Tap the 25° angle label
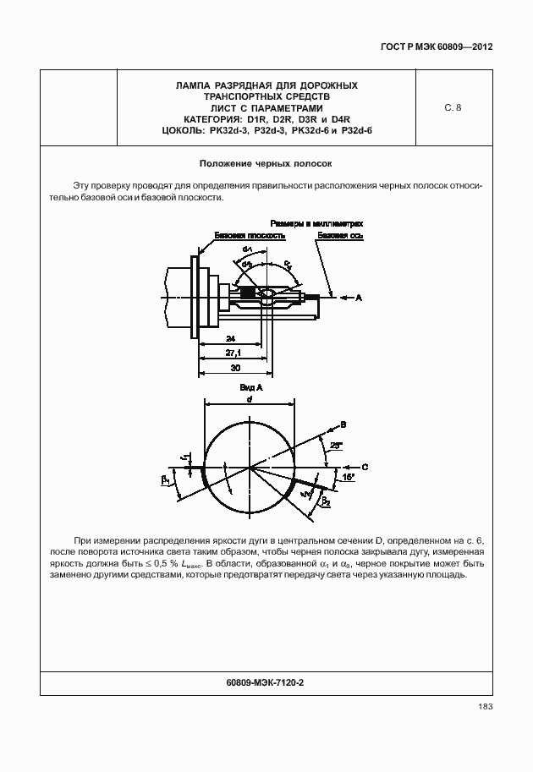click(335, 445)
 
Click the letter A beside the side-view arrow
click(359, 298)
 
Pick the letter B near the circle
click(343, 424)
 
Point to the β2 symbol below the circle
click(325, 500)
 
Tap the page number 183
click(485, 707)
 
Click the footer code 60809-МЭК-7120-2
click(266, 682)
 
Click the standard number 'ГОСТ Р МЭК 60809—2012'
click(431, 47)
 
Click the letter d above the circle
click(250, 398)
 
